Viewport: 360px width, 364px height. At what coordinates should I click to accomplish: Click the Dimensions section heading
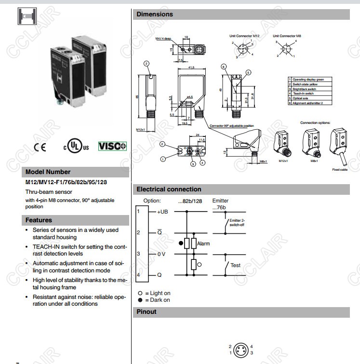pos(154,14)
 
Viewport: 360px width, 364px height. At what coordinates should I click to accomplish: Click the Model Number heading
pos(48,172)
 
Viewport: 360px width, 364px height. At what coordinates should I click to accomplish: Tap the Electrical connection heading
pos(169,189)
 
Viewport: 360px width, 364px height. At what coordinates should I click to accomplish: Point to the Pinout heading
pos(147,311)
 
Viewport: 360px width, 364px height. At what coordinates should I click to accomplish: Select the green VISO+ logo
pos(112,146)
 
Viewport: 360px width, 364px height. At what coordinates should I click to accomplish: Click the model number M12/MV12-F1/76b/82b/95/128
pos(66,182)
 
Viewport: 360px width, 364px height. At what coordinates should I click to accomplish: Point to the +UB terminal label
pos(162,212)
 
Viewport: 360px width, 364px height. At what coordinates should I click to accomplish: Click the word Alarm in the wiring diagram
pos(203,243)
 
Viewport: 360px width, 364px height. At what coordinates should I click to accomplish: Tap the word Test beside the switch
pos(235,265)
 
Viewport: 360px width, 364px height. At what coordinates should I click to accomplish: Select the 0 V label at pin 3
pos(161,254)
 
